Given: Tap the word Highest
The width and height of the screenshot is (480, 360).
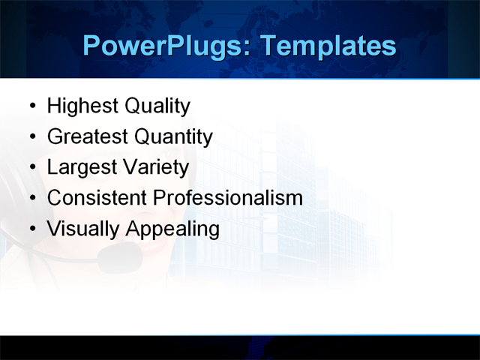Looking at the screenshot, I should point(82,106).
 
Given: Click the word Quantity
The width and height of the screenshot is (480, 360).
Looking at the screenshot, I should point(173,137).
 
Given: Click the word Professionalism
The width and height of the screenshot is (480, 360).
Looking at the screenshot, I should point(228,198).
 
